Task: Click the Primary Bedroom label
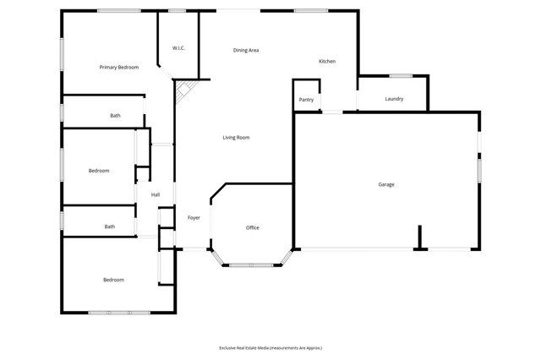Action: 118,67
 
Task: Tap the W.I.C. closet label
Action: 178,48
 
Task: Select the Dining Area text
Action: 246,51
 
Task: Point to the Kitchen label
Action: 327,62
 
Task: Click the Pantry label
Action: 306,100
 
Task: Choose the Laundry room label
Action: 394,99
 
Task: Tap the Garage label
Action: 386,184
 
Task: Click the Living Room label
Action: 236,137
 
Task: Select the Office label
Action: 252,228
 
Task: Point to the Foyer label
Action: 194,218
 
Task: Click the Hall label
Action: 156,195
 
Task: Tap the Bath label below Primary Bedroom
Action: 115,116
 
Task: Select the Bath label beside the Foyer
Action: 110,226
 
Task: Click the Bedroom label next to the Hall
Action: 99,171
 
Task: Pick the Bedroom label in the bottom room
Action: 113,280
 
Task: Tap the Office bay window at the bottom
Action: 251,265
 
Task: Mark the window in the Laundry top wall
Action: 401,76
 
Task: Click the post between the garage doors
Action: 419,248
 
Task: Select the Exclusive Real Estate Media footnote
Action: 270,347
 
